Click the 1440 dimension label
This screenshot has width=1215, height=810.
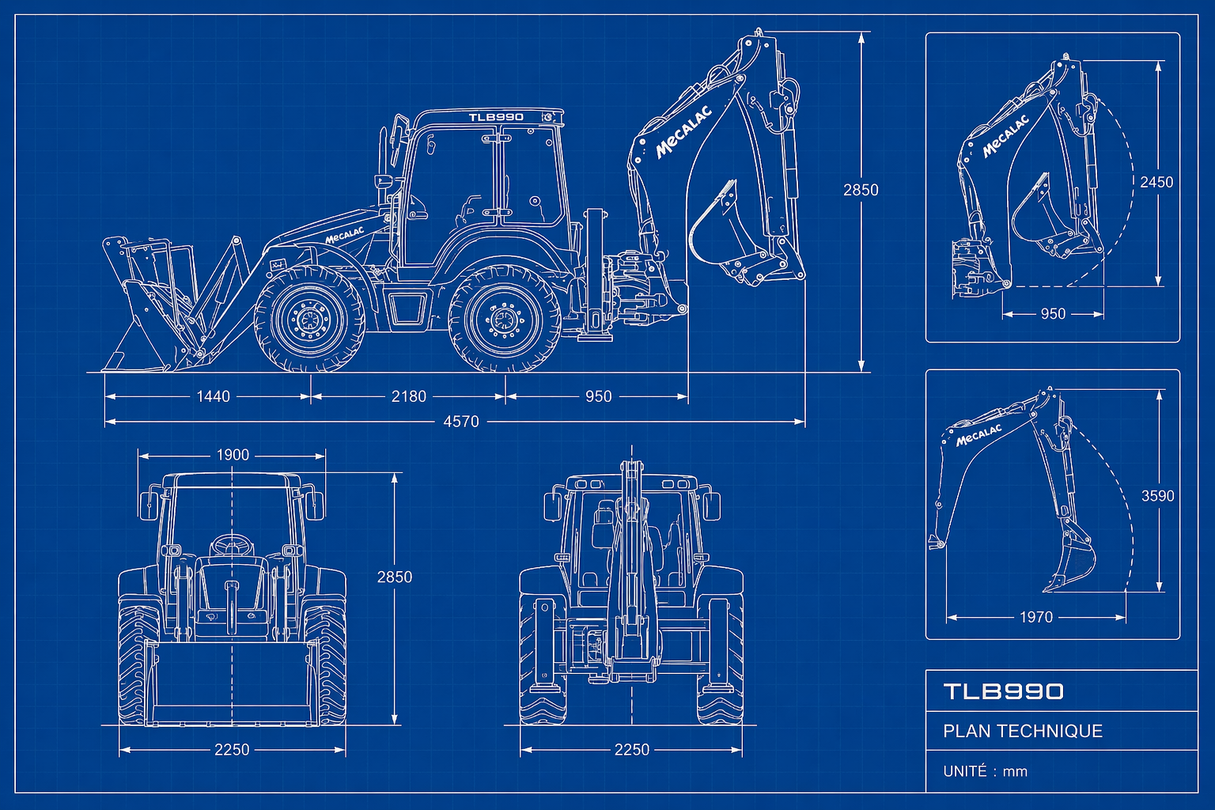click(213, 396)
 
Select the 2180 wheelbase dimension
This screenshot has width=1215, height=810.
click(408, 396)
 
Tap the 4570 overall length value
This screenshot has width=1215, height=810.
click(461, 422)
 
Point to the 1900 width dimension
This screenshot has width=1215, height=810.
click(233, 455)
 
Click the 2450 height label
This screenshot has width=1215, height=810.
click(1156, 182)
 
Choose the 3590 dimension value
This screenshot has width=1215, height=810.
click(1157, 495)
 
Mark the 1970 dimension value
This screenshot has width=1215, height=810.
click(1036, 617)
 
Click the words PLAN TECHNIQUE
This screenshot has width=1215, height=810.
click(1023, 731)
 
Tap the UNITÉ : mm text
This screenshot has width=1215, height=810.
click(985, 771)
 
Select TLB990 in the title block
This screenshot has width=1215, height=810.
click(1004, 691)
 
